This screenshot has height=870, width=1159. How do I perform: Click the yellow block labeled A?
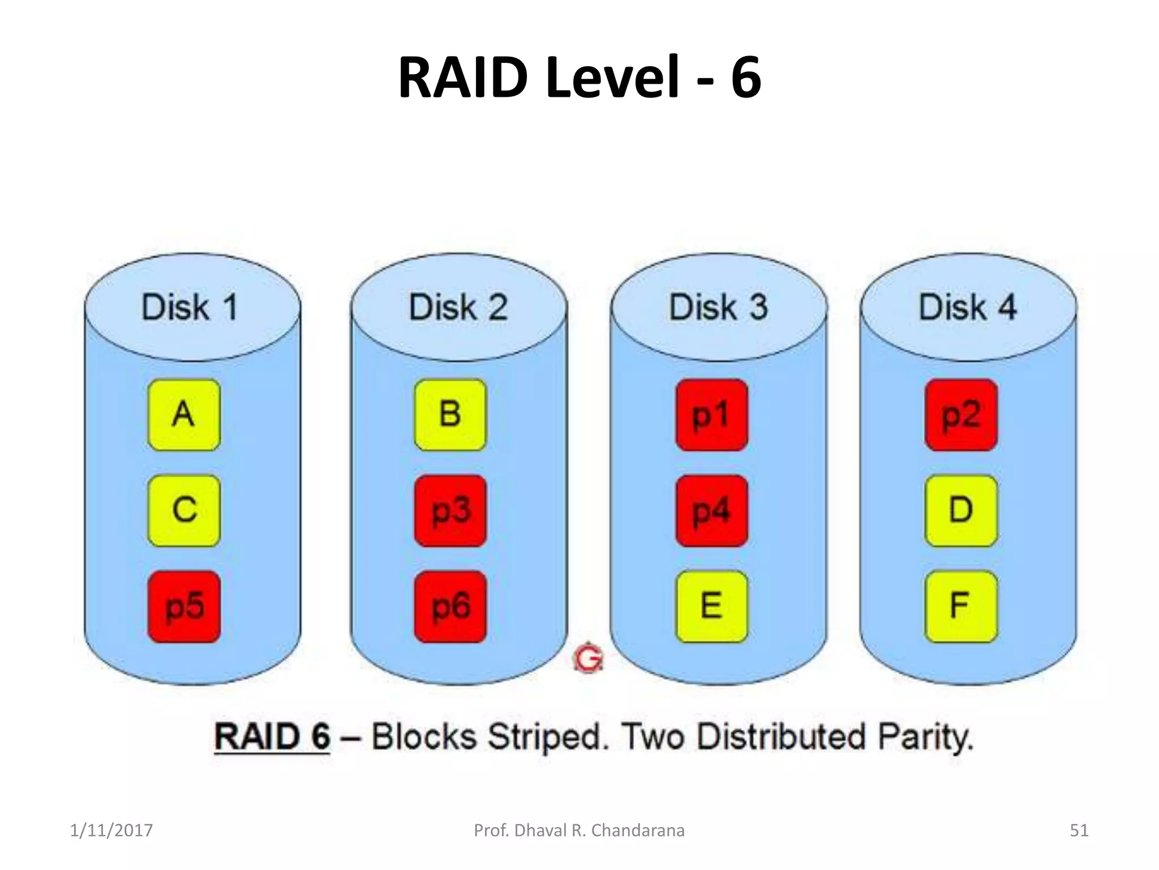click(184, 415)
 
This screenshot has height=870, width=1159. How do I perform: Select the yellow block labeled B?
click(450, 415)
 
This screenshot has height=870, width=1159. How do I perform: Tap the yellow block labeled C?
click(184, 510)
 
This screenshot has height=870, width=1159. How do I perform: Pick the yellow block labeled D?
click(961, 510)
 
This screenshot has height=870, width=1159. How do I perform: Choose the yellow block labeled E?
click(711, 606)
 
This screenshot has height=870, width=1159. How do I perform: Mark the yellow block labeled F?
click(961, 606)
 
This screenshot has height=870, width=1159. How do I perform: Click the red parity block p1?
click(711, 415)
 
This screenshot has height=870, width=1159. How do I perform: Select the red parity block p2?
click(961, 415)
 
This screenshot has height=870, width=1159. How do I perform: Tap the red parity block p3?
click(450, 510)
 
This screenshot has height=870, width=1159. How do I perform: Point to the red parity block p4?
click(711, 510)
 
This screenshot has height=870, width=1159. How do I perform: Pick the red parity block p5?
click(184, 606)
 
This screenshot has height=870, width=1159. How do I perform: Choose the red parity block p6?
click(450, 606)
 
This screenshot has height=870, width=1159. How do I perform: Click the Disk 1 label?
click(190, 308)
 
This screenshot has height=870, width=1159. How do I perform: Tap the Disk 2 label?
click(458, 308)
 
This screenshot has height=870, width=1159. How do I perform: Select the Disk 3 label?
click(719, 308)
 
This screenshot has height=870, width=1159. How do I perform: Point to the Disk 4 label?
click(968, 308)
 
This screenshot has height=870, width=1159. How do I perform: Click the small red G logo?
click(589, 657)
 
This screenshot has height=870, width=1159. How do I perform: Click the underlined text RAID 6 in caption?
click(272, 737)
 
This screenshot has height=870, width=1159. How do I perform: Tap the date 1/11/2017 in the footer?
click(111, 830)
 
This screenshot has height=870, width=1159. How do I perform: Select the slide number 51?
click(1079, 830)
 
